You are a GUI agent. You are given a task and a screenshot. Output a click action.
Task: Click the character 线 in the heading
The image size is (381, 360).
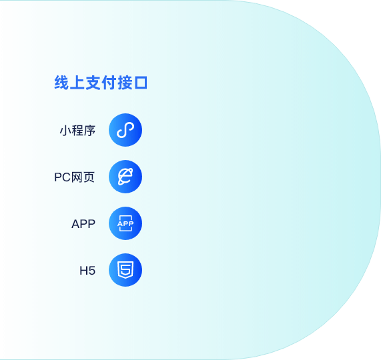click(x=61, y=83)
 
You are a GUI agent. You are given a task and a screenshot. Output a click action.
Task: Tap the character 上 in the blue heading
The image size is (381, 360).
click(x=77, y=83)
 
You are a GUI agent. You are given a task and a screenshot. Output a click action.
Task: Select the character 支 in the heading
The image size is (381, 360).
click(x=93, y=83)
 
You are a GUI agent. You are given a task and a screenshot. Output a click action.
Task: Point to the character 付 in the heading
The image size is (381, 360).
click(x=109, y=83)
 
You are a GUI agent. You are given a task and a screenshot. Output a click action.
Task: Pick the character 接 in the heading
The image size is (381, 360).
click(x=124, y=83)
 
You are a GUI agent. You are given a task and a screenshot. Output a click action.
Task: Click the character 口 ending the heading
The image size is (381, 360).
click(x=141, y=83)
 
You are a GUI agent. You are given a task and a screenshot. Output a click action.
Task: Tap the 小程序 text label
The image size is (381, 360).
click(x=77, y=131)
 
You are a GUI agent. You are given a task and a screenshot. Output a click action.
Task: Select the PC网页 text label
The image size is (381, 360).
click(x=74, y=177)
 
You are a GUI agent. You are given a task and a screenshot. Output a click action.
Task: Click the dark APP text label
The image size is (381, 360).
click(x=83, y=224)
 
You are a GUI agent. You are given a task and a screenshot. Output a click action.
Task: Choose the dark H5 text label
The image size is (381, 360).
click(x=87, y=271)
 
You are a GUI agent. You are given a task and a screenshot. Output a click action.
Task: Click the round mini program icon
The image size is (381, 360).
click(x=125, y=130)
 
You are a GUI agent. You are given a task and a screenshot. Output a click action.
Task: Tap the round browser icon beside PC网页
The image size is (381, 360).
click(x=125, y=177)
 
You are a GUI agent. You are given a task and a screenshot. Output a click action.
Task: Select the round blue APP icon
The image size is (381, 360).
click(x=125, y=223)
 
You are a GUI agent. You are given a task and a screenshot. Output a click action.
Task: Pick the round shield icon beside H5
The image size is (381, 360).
click(x=125, y=270)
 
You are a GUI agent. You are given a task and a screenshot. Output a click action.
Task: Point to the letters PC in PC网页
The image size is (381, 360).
click(x=63, y=177)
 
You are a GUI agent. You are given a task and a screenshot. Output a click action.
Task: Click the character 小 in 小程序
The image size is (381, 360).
click(x=65, y=131)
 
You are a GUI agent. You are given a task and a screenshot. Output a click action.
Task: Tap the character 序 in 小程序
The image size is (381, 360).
click(x=89, y=131)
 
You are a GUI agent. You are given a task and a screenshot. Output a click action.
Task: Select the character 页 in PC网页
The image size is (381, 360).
click(x=89, y=177)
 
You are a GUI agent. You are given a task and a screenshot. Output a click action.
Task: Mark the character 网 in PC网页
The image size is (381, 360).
click(x=77, y=177)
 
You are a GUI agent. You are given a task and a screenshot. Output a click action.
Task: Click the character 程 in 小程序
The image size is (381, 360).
click(x=77, y=131)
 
